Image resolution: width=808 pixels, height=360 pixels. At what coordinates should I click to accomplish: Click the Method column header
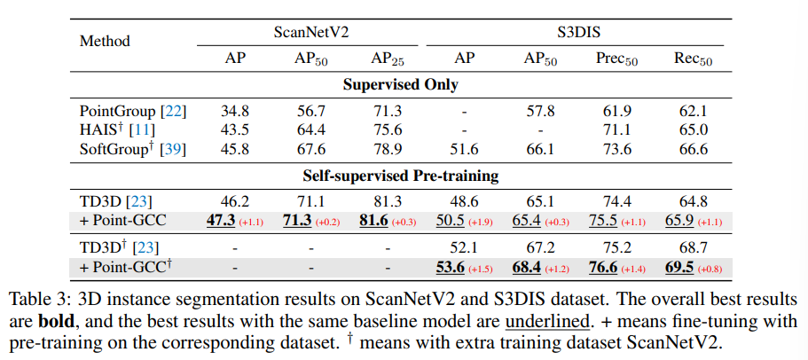tap(105, 41)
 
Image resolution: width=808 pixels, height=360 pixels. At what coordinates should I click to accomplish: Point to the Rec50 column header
tap(691, 59)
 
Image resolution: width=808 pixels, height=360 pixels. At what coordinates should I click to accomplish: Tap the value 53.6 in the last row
tap(451, 267)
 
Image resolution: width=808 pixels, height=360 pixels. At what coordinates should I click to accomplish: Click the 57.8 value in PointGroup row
tap(541, 112)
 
